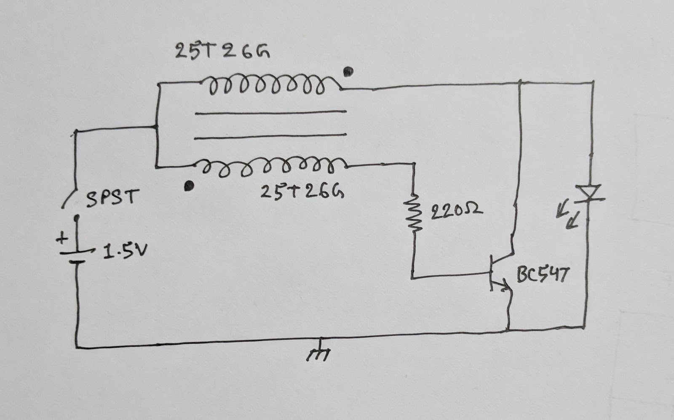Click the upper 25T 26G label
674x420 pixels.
[222, 51]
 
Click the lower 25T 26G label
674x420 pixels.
[302, 191]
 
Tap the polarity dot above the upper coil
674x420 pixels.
[348, 72]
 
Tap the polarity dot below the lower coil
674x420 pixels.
[189, 186]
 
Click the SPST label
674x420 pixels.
[113, 198]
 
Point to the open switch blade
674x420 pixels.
[69, 198]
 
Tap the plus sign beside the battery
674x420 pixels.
[62, 238]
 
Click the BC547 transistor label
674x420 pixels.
[543, 275]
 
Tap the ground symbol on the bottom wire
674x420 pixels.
[319, 350]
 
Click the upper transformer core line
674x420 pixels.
[271, 112]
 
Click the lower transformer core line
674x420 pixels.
[270, 136]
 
